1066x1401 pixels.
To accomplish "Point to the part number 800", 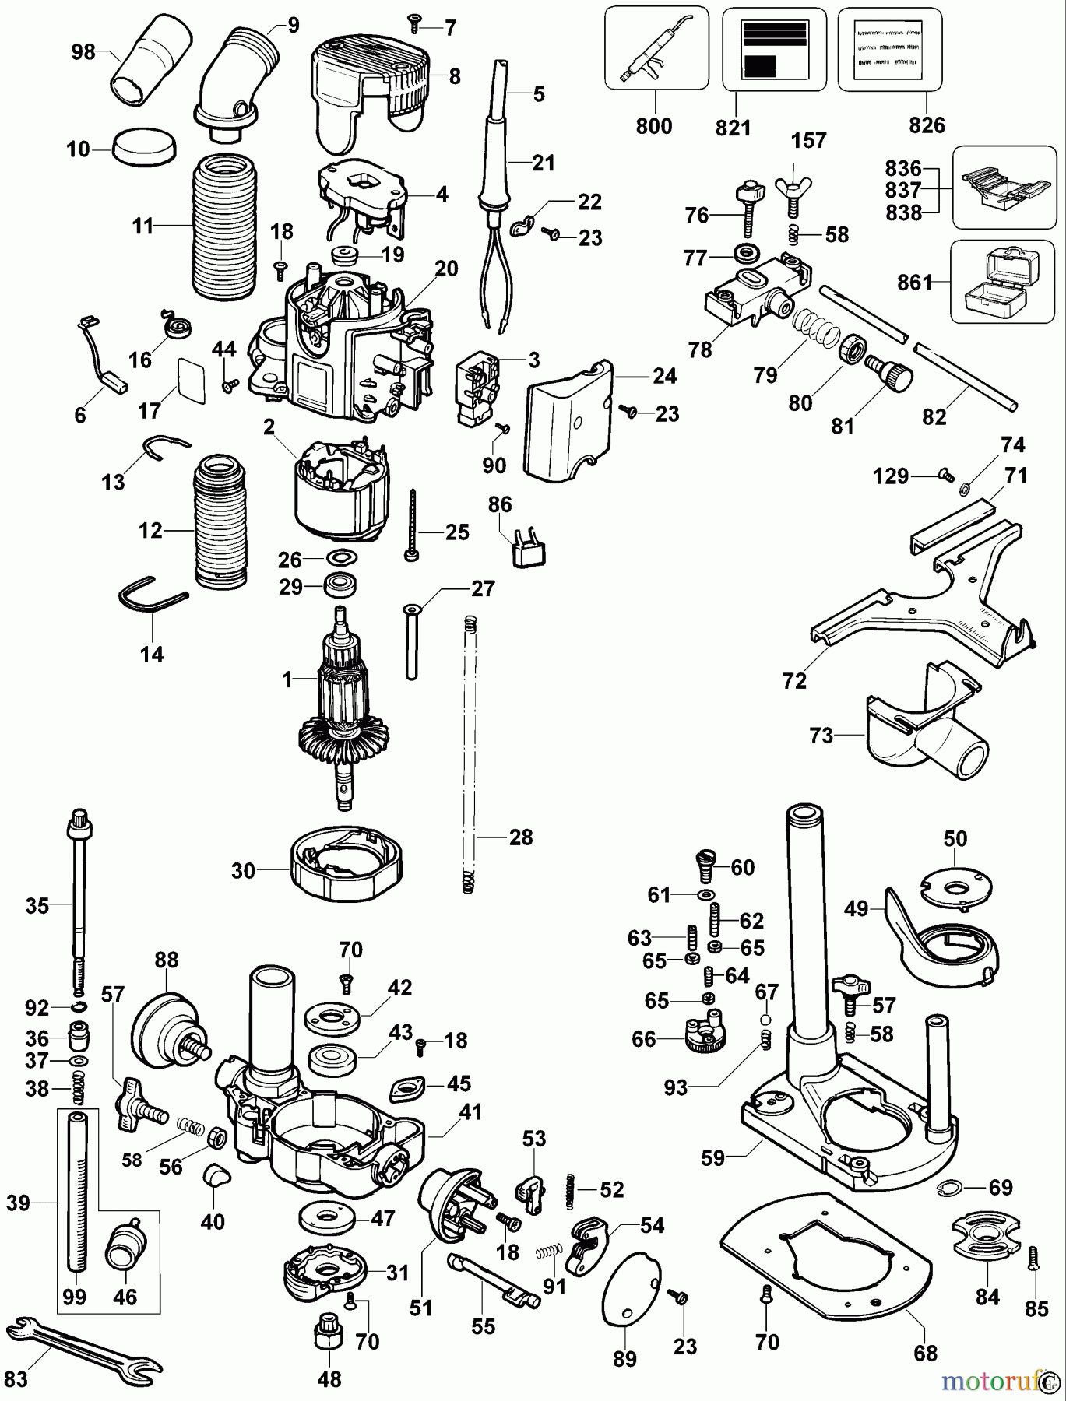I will tap(653, 126).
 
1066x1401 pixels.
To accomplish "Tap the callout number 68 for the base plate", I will tap(925, 1353).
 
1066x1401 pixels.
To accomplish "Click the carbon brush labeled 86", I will tap(527, 550).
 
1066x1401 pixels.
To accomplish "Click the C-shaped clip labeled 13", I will tap(165, 448).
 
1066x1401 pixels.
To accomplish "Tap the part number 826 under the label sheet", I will tap(927, 126).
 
